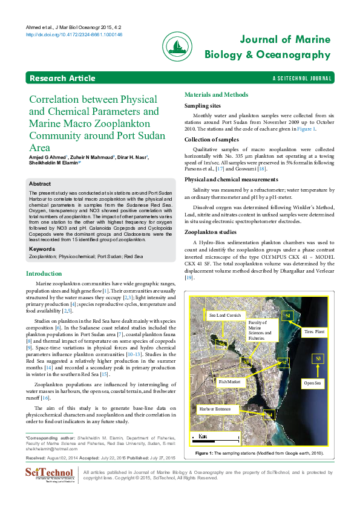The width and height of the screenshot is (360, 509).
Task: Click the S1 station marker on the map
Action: (x=288, y=316)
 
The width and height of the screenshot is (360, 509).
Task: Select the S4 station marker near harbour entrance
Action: (x=269, y=415)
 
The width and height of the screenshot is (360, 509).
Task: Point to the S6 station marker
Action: (x=221, y=343)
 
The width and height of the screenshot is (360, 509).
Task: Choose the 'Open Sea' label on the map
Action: (x=312, y=383)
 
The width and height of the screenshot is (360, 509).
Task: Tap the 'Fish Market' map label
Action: (x=229, y=382)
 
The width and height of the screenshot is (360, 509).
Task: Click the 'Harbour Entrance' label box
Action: (x=215, y=409)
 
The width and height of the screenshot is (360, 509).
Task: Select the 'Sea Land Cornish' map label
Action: (x=224, y=316)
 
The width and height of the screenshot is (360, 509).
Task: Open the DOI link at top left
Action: (x=74, y=35)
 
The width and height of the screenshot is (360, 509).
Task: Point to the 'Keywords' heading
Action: (x=42, y=248)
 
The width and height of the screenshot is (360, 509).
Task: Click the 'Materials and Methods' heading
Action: (x=216, y=95)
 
